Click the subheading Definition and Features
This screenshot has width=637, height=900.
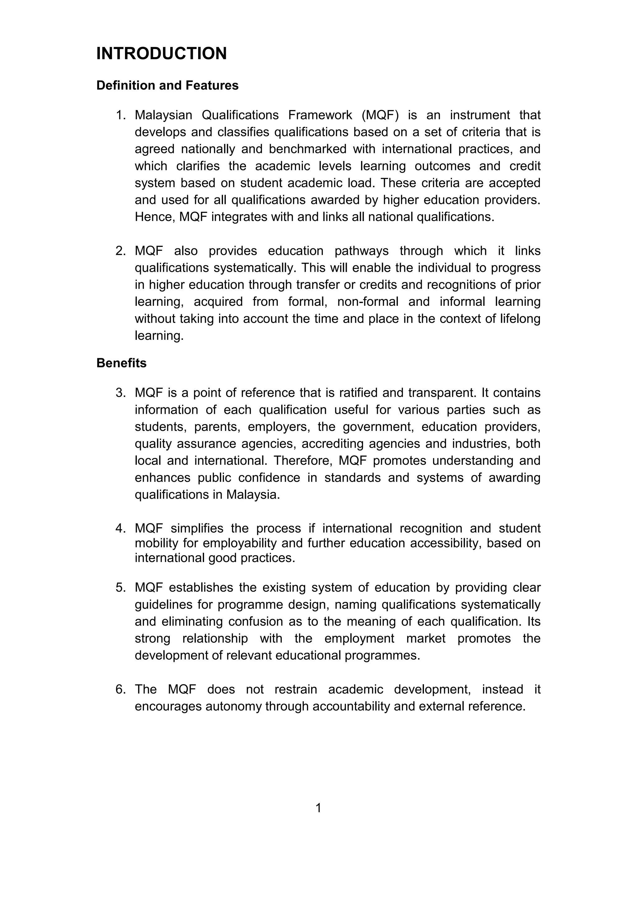point(167,85)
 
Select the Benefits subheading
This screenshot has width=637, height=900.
point(121,363)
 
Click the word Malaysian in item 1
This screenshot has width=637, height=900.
point(163,115)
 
